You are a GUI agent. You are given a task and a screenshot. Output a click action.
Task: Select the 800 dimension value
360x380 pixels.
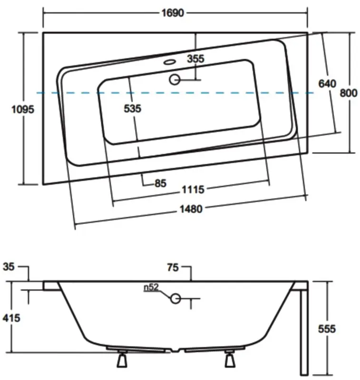tap(348, 93)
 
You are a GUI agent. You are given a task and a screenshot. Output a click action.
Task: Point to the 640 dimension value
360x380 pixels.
tap(327, 84)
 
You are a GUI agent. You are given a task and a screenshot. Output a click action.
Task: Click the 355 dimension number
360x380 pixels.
tap(195, 59)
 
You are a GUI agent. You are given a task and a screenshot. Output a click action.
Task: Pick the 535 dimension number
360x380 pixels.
tap(132, 108)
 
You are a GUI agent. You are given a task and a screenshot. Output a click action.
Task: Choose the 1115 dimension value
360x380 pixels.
tap(193, 190)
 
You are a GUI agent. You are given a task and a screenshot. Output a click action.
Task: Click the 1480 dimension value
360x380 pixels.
tap(190, 209)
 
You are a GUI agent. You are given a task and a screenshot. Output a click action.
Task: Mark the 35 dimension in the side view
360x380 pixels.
tap(9, 266)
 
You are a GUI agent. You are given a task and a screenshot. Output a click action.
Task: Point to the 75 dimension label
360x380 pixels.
tap(173, 268)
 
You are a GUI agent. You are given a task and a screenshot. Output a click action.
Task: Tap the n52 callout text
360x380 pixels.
tap(151, 287)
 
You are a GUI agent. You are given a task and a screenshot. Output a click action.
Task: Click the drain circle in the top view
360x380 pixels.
tap(175, 79)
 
